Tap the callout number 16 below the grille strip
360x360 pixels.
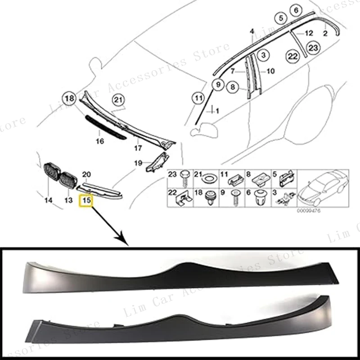(100, 141)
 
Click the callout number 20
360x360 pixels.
(87, 174)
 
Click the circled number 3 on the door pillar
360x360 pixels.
(264, 55)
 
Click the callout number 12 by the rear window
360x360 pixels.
(309, 33)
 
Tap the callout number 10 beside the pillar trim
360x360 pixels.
(270, 71)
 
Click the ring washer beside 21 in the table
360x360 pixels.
(209, 177)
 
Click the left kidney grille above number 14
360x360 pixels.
(50, 173)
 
